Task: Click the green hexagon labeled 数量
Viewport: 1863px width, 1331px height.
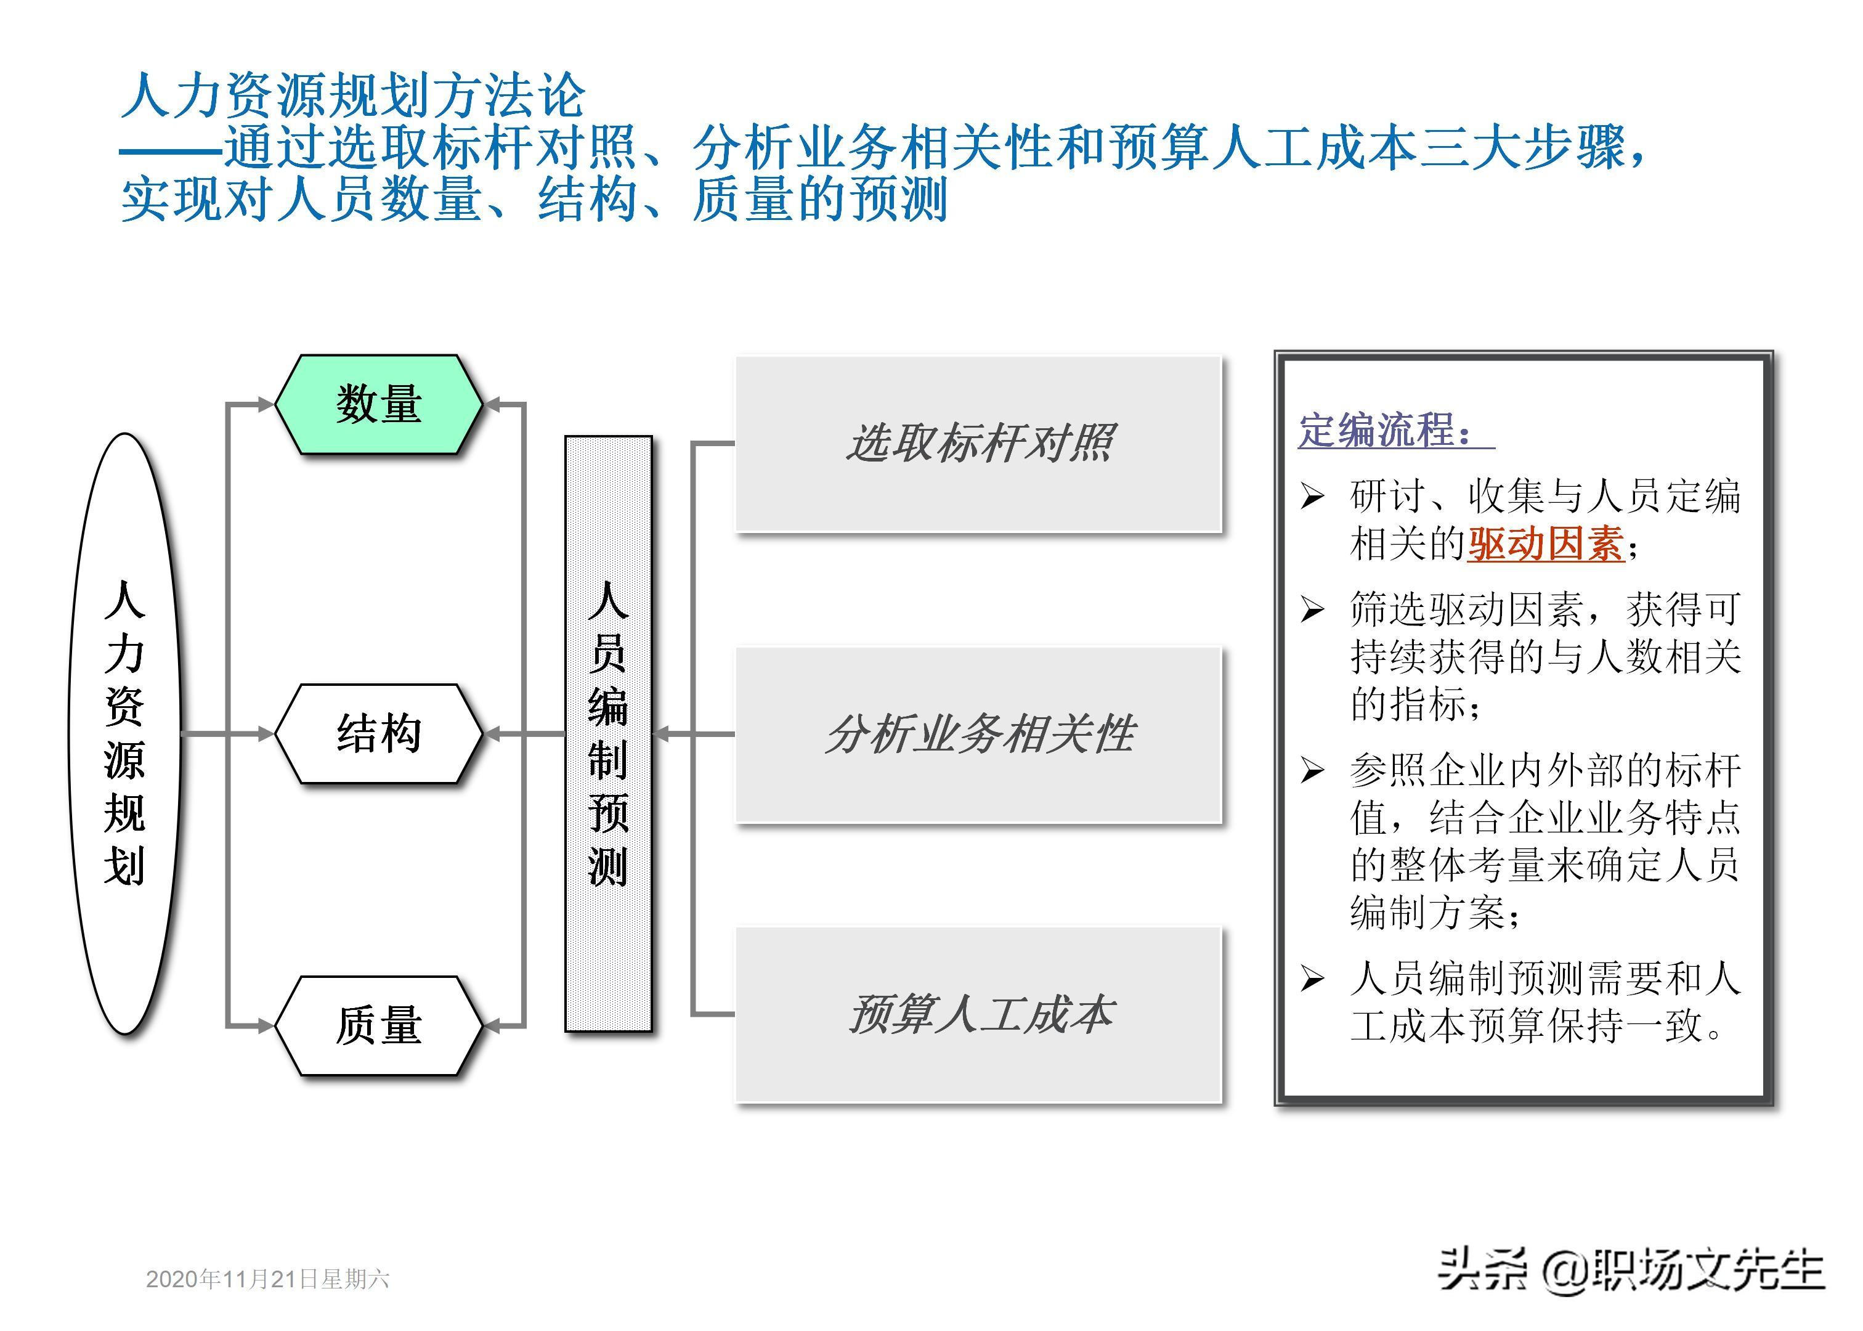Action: (x=378, y=404)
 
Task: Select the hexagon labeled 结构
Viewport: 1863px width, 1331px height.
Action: (x=378, y=733)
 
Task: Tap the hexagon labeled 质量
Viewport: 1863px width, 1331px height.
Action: (x=378, y=1025)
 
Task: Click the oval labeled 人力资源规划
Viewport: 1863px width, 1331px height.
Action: (x=124, y=733)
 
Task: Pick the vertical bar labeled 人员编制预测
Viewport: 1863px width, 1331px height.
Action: (x=608, y=733)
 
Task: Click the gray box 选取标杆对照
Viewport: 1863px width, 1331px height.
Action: (x=978, y=444)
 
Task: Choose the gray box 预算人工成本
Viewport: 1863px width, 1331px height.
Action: (x=978, y=1015)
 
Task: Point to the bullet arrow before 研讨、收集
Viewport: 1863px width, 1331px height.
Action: (x=1312, y=496)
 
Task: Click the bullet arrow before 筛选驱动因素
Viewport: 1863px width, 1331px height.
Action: (x=1312, y=609)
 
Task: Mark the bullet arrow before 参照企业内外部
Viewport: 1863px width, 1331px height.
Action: (x=1312, y=770)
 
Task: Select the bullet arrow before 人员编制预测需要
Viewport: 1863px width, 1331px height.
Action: (x=1312, y=978)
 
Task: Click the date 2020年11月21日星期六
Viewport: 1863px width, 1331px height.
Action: (x=267, y=1279)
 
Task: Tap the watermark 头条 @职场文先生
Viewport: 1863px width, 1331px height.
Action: (x=1630, y=1272)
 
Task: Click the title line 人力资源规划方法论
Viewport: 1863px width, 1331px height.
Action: (x=354, y=95)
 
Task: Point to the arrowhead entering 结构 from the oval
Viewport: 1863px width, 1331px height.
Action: (x=266, y=733)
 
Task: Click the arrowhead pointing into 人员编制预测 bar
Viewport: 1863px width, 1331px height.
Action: (x=662, y=733)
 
